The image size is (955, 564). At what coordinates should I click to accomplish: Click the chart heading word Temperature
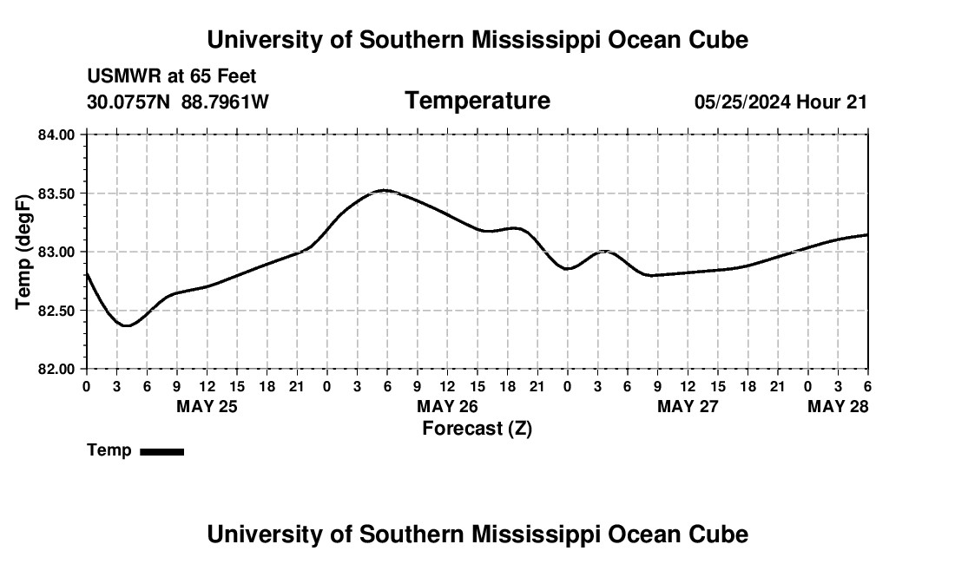[477, 101]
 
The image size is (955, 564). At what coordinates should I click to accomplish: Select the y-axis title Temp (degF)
[23, 252]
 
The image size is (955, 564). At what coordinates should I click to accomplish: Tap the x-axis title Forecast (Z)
[477, 428]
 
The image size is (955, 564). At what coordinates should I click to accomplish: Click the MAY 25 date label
[207, 406]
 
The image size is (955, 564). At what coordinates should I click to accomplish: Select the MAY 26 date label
[447, 406]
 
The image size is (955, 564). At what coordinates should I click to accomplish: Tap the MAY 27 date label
[688, 406]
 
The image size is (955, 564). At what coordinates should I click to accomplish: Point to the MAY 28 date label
[838, 406]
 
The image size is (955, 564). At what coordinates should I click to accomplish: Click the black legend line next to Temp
[161, 451]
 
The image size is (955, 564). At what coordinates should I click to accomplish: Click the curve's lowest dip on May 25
[127, 325]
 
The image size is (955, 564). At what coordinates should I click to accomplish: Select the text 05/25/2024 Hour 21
[780, 102]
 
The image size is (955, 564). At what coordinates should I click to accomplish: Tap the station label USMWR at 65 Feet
[172, 76]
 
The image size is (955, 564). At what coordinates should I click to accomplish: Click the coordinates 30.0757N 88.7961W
[178, 102]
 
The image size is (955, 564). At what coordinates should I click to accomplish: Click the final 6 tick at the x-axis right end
[867, 385]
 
